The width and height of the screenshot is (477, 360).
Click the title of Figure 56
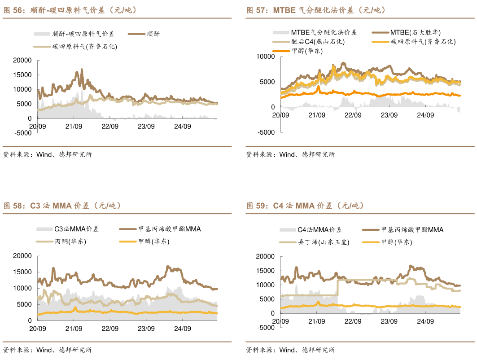tap(70, 10)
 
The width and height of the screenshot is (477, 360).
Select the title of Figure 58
tap(62, 206)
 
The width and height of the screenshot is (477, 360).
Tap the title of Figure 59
tap(305, 206)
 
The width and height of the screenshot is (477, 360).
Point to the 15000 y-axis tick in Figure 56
tap(22, 75)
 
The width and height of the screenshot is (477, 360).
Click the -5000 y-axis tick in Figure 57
tap(266, 132)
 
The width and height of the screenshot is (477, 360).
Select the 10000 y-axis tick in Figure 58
tap(22, 288)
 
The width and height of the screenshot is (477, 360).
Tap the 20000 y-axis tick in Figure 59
tap(265, 256)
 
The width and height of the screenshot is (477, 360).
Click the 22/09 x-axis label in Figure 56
tap(110, 127)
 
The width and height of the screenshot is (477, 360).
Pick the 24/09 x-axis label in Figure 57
tap(425, 115)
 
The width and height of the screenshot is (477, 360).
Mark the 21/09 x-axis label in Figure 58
tap(74, 329)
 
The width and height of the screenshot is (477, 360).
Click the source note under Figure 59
tap(290, 350)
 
